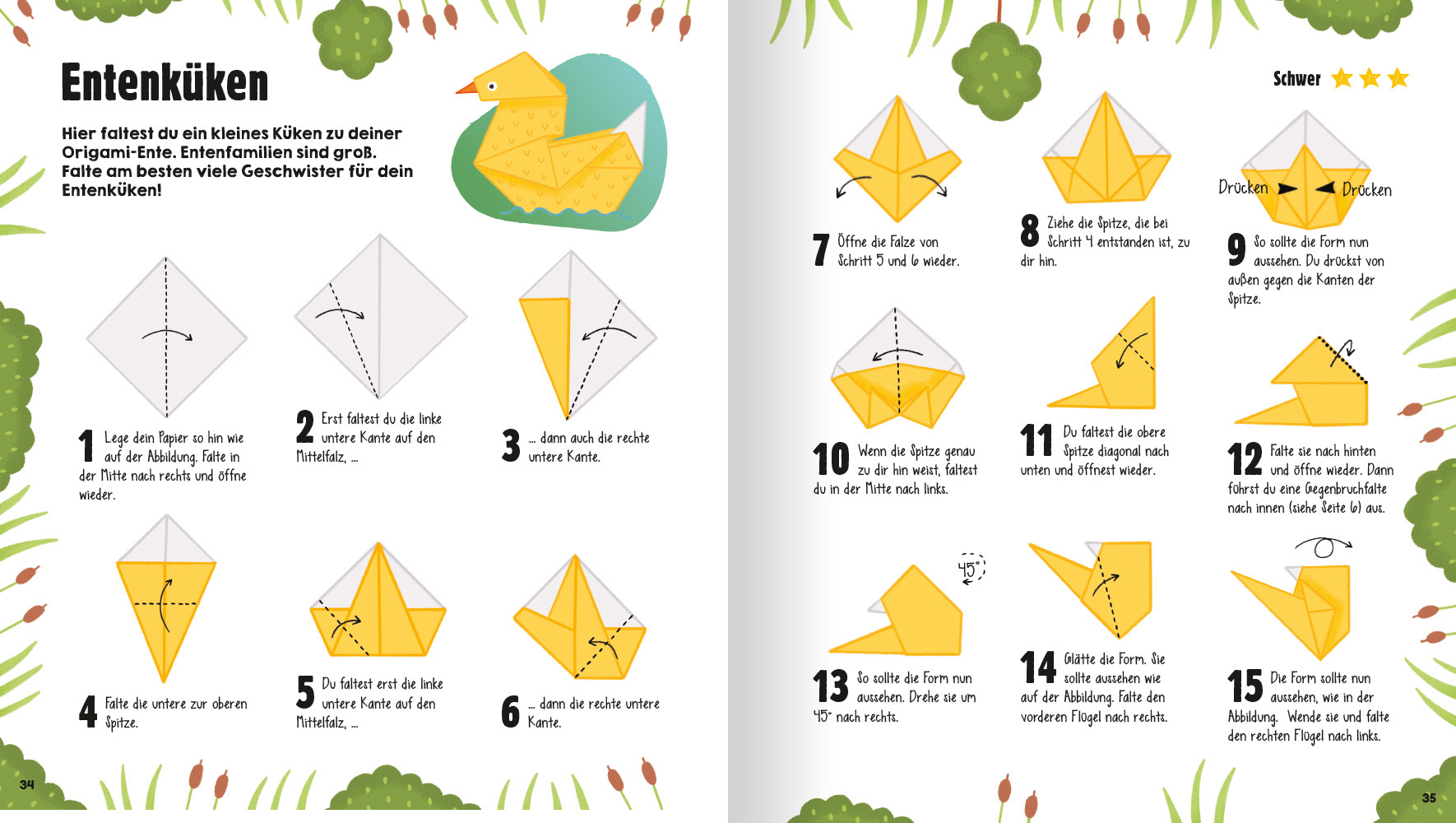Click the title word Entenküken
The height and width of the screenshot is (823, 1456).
[x=165, y=82]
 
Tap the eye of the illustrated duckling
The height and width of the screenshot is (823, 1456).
[x=492, y=86]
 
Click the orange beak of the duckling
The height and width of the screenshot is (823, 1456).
[x=466, y=86]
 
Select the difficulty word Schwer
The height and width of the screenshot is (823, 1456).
[x=1297, y=79]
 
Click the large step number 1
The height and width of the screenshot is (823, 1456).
[x=86, y=446]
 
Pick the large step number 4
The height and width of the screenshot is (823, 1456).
[x=88, y=711]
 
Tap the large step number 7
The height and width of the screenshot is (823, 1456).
[x=821, y=249]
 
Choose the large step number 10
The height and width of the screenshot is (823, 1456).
[x=831, y=459]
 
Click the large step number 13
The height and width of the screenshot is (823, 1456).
[x=831, y=686]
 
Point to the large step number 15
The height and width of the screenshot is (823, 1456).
[x=1245, y=686]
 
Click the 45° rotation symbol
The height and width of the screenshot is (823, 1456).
[x=971, y=568]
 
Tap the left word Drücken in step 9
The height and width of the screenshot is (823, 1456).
[x=1243, y=187]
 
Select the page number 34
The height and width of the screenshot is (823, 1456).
[x=27, y=784]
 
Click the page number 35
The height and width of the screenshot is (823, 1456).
[x=1429, y=797]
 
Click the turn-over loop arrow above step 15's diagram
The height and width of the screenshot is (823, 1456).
[x=1324, y=546]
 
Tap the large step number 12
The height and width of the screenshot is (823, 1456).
[x=1245, y=459]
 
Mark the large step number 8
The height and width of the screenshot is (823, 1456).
[x=1030, y=230]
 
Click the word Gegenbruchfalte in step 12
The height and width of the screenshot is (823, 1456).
[x=1346, y=489]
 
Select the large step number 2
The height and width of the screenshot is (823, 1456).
[x=305, y=427]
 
